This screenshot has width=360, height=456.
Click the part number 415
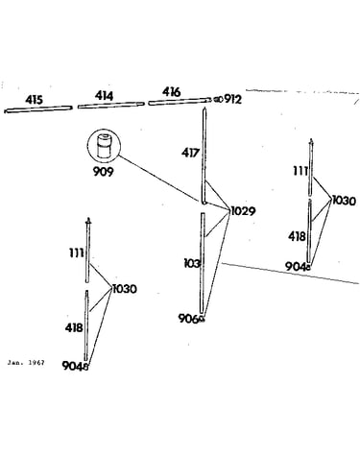[34, 100]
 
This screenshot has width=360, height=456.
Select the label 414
[104, 96]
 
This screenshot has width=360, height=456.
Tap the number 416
[172, 92]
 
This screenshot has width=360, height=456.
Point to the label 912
[232, 99]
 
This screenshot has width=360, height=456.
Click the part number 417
[190, 153]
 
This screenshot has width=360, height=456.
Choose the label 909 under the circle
[104, 172]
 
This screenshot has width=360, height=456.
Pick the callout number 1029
[243, 211]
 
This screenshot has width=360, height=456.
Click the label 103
[192, 264]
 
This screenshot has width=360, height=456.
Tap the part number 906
[189, 319]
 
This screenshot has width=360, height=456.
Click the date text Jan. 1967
[26, 363]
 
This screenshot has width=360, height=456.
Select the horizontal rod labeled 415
[37, 109]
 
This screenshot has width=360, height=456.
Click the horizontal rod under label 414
[111, 105]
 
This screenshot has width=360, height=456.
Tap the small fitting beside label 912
[218, 100]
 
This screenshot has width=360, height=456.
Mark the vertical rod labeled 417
[204, 156]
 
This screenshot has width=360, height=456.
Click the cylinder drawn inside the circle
[104, 146]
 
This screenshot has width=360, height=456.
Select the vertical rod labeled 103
[203, 263]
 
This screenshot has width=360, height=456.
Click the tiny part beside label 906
[202, 319]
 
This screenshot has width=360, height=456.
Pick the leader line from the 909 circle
[159, 178]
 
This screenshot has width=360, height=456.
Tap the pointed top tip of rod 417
[204, 108]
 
